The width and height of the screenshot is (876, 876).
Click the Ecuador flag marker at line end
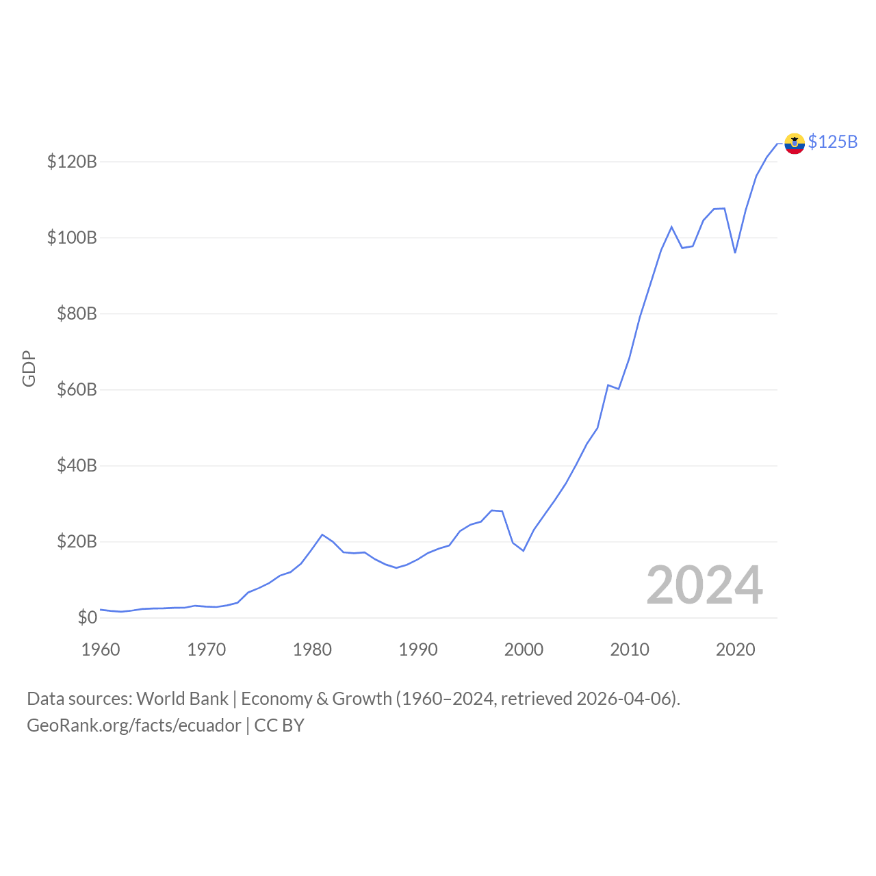794,143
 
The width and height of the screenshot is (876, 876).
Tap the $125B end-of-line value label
832,142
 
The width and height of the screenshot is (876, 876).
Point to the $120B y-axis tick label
72,162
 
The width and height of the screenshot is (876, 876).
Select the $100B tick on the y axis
72,238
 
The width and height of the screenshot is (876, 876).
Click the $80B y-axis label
77,314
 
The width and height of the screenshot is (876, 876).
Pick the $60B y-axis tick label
77,390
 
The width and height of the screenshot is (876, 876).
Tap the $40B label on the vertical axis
77,466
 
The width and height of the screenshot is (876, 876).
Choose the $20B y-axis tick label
77,542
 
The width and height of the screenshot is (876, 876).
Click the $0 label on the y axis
87,618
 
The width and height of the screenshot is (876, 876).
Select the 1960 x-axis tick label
101,649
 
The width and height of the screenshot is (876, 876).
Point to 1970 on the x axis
207,649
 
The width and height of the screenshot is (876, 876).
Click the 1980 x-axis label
312,649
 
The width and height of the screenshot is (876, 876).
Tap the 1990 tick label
418,649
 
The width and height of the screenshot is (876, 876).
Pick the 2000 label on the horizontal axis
524,649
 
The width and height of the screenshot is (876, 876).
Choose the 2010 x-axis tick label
630,649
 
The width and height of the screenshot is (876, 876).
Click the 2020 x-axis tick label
735,649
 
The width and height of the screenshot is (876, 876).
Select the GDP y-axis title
29,369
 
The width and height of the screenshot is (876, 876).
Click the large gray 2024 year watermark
704,585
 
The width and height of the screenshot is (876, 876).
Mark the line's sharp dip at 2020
735,253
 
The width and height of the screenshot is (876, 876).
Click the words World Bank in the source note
182,699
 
